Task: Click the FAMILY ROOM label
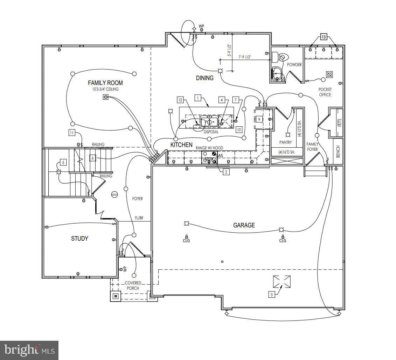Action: (105, 83)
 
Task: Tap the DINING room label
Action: (204, 78)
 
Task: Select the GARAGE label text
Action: (244, 225)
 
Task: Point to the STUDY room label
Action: (79, 239)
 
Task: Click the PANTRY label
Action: (285, 142)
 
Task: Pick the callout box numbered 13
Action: (323, 37)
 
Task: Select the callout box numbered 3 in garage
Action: (271, 295)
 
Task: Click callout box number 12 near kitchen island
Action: (180, 100)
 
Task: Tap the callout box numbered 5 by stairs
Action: (63, 162)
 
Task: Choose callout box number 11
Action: (72, 133)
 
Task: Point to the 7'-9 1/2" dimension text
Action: (244, 57)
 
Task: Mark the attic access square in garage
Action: (282, 281)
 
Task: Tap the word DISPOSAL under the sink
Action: (211, 132)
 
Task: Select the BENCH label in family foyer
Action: (338, 151)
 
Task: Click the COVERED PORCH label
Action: (133, 285)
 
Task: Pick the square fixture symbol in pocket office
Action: (329, 75)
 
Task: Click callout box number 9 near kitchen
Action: (259, 119)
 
